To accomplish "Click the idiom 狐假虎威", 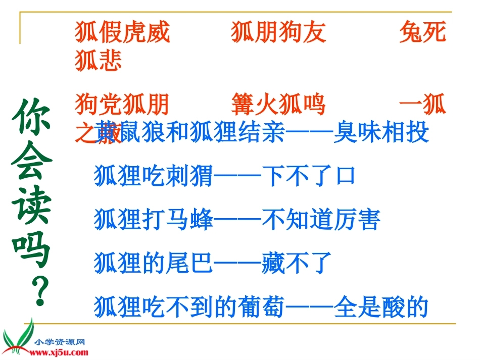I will click(x=122, y=32).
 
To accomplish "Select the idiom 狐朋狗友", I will click(x=278, y=32).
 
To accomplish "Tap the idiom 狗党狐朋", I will click(x=122, y=105).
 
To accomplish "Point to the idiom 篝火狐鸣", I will click(x=278, y=105).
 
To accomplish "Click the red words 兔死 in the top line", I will click(x=422, y=32).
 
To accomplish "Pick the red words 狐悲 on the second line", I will click(x=99, y=61).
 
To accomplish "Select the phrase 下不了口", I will click(x=309, y=176).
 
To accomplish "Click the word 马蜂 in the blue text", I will click(x=189, y=220).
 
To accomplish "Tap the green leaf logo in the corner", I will click(x=18, y=337).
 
